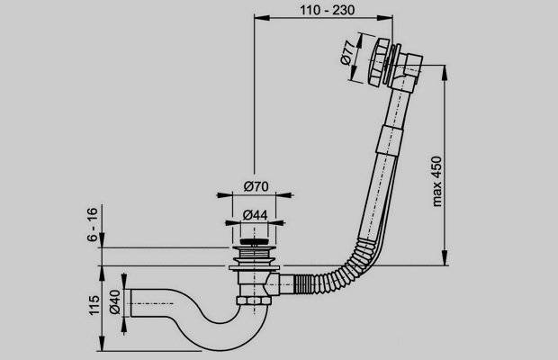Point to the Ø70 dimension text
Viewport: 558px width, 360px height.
(256, 187)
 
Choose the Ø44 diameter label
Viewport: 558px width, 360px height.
(256, 215)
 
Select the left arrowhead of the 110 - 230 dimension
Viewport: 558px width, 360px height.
(258, 17)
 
